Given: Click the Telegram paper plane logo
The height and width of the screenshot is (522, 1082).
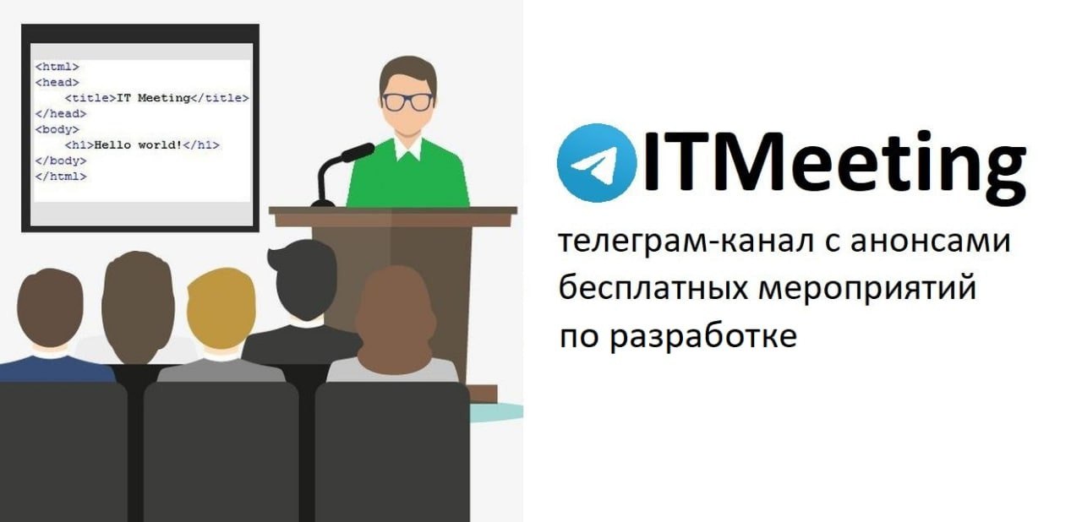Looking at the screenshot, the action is tap(597, 163).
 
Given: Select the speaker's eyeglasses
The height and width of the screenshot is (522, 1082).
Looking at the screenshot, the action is tap(408, 102).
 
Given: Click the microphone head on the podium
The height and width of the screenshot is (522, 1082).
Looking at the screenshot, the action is tap(358, 151).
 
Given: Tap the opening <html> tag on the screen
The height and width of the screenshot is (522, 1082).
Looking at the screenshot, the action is tap(57, 67).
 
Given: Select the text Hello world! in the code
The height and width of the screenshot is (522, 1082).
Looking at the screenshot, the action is tap(138, 144).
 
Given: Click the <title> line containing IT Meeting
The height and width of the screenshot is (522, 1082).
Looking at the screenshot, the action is tap(157, 98).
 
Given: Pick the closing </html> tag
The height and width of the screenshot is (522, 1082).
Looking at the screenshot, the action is tap(61, 176).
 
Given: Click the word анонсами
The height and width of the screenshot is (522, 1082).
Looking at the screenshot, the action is tap(931, 242).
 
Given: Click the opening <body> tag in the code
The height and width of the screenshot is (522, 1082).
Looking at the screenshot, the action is tap(57, 129).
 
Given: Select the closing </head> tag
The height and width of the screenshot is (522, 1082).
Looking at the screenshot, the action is tap(61, 113).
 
